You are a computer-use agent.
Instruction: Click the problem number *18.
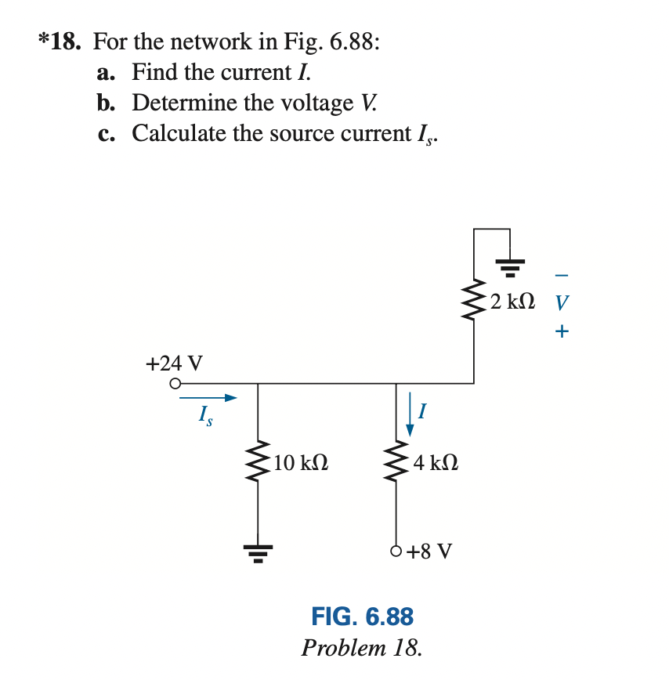[60, 42]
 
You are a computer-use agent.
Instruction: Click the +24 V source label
[174, 364]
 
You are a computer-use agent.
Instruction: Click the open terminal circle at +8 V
[396, 551]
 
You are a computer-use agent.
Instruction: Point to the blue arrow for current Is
[208, 399]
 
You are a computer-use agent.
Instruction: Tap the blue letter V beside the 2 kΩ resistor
[561, 302]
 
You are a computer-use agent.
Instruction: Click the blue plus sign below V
[561, 331]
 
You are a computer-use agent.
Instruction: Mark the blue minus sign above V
[561, 275]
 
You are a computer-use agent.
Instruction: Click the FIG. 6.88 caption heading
[362, 617]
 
